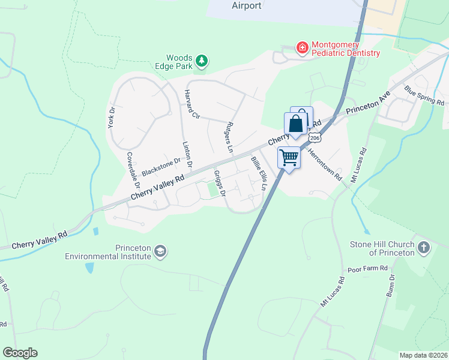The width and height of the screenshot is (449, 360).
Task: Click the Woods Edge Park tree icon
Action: [202, 60]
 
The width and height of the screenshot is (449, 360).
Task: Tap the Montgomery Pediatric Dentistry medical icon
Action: [302, 47]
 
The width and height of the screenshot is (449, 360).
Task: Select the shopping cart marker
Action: [289, 158]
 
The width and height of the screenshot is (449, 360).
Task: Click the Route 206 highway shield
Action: [315, 138]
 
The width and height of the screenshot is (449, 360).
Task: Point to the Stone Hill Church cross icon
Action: [424, 247]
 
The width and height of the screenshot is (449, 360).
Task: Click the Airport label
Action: [246, 5]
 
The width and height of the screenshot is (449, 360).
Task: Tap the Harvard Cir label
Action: [192, 104]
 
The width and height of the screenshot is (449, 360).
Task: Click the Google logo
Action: [20, 353]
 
